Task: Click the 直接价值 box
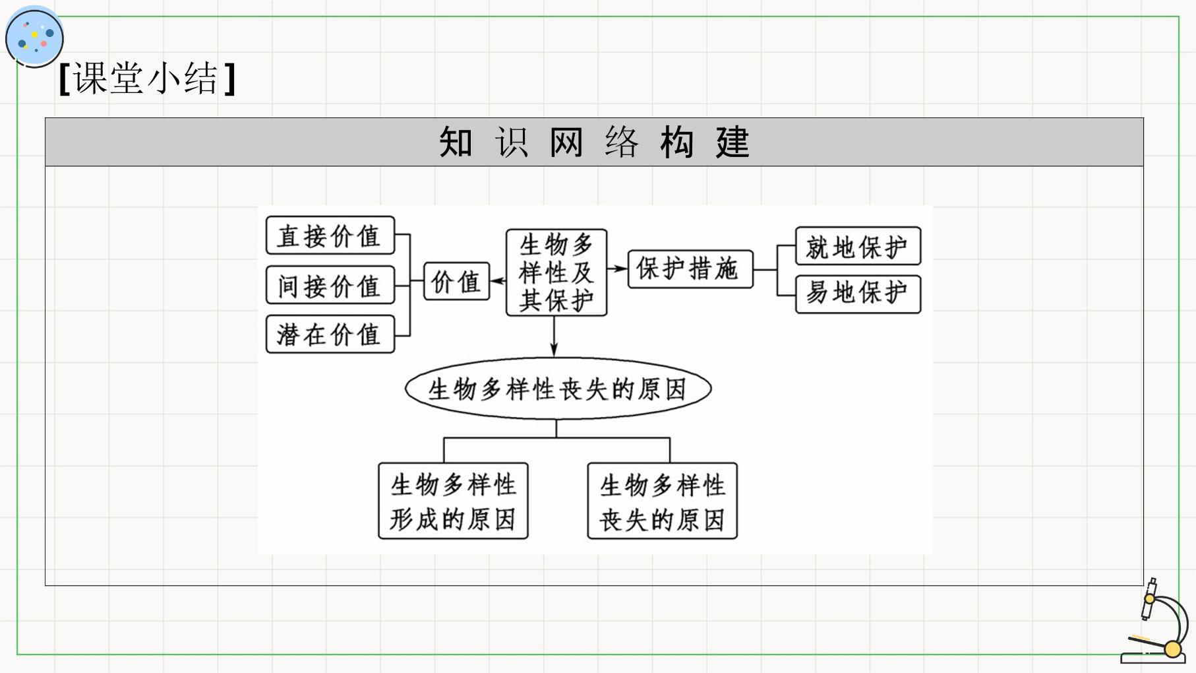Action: coord(330,236)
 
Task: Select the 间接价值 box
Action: coord(330,285)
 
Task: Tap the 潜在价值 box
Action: coord(330,334)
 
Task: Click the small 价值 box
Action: coord(456,282)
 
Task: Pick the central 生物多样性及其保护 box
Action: coord(556,272)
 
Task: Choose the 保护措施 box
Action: coord(690,269)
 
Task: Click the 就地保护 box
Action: coord(858,246)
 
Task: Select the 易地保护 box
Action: coord(858,294)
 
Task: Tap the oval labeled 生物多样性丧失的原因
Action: coord(558,389)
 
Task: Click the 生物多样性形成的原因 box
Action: coord(453,501)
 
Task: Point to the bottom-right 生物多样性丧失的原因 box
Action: coord(662,501)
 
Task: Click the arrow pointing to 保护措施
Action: coord(617,269)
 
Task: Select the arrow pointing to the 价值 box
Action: coord(498,281)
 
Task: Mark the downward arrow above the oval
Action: coord(554,337)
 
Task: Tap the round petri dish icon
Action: coord(34,36)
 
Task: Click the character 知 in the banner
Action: coord(456,142)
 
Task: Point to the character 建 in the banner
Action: coord(733,142)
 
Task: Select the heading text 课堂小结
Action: coord(146,79)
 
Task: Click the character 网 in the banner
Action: coord(566,142)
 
